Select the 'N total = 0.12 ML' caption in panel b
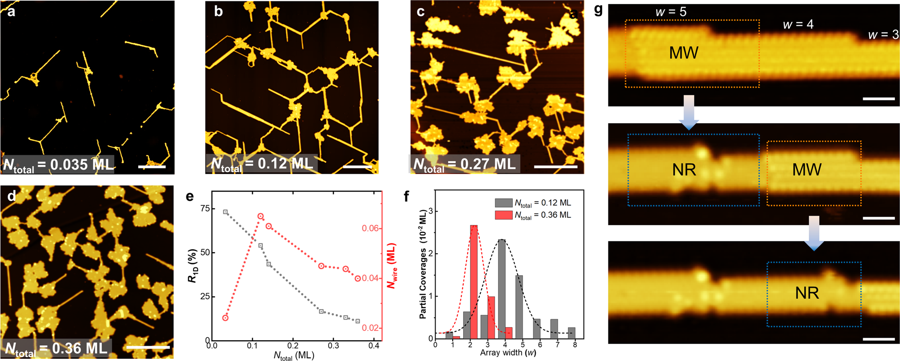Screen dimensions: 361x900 (x=262, y=164)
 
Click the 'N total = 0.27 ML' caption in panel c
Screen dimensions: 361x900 (x=464, y=164)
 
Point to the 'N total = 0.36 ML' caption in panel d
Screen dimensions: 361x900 (x=56, y=348)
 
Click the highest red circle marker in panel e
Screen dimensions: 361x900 (x=260, y=217)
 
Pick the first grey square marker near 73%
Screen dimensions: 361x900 (x=225, y=212)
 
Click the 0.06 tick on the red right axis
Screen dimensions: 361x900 (x=370, y=228)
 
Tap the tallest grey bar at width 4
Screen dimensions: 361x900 (x=501, y=289)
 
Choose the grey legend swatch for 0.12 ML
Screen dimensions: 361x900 (x=503, y=203)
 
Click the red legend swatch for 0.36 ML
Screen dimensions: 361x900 (x=503, y=215)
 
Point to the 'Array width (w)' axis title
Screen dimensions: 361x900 (x=508, y=353)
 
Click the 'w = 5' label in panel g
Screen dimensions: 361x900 (x=671, y=12)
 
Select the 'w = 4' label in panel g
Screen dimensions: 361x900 (x=798, y=24)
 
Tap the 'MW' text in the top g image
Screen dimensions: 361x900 (x=683, y=53)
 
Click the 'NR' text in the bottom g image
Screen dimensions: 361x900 (x=807, y=294)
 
